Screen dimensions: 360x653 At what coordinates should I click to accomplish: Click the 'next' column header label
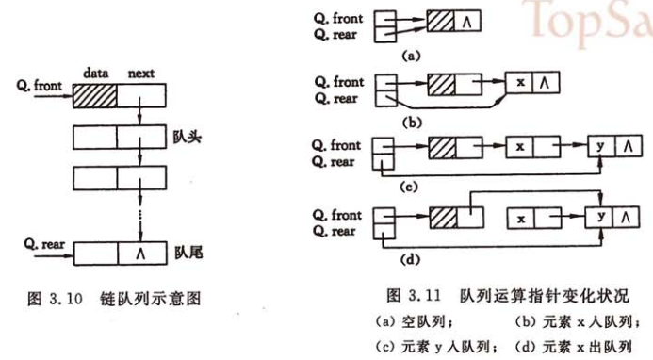140,72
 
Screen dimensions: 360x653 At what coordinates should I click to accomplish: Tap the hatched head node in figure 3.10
95,94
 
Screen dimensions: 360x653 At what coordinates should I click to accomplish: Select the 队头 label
186,136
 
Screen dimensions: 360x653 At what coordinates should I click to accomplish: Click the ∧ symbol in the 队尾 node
142,254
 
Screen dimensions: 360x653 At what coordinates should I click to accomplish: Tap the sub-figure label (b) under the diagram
411,120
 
